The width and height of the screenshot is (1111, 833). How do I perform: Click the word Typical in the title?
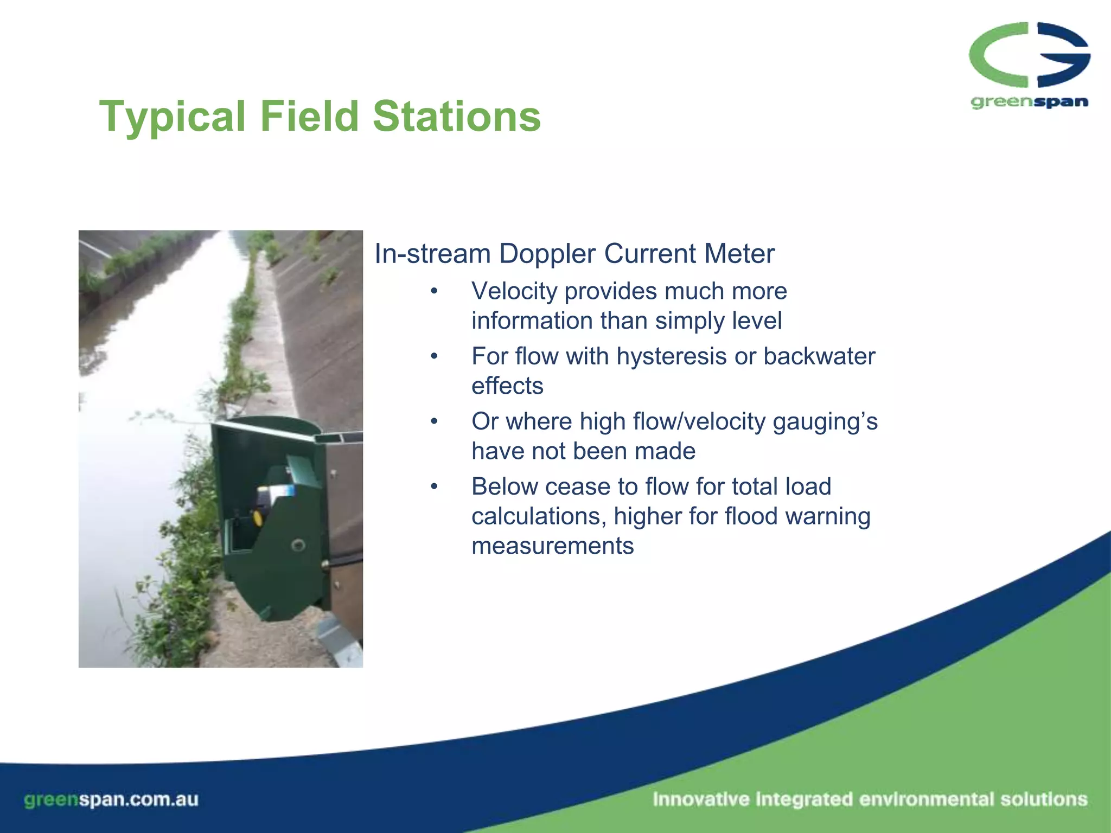(x=173, y=117)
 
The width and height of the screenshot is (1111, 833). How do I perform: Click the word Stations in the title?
(x=457, y=117)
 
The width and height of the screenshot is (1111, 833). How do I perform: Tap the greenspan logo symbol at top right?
(x=1029, y=55)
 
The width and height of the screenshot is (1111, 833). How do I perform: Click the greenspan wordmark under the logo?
(x=1029, y=102)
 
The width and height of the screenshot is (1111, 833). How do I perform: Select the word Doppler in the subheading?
(x=546, y=254)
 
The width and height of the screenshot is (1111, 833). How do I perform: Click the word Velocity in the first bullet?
(x=514, y=291)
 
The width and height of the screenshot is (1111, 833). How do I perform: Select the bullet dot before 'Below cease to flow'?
(x=433, y=486)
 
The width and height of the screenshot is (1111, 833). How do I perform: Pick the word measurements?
(x=552, y=546)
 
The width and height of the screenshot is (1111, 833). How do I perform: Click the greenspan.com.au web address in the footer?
(x=111, y=799)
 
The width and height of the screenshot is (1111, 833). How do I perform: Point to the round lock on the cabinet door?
(x=298, y=544)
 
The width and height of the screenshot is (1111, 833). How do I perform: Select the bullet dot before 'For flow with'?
(x=433, y=356)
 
